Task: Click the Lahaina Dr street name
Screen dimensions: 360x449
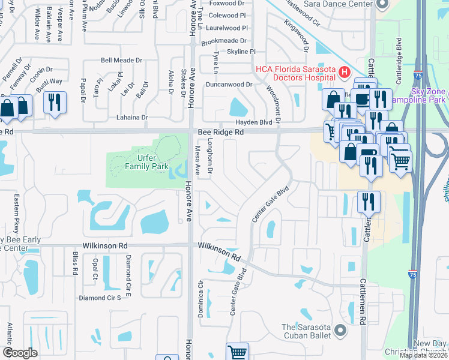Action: pos(125,118)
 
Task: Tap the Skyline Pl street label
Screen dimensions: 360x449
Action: pos(237,52)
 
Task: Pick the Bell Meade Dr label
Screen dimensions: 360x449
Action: pos(121,61)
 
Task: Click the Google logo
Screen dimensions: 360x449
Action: pos(20,353)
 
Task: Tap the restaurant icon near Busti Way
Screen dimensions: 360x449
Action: pos(55,103)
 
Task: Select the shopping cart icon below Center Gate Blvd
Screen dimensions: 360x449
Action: pos(237,352)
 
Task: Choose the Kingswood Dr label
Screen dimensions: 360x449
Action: pos(296,34)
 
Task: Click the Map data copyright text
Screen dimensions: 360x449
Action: pos(423,355)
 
